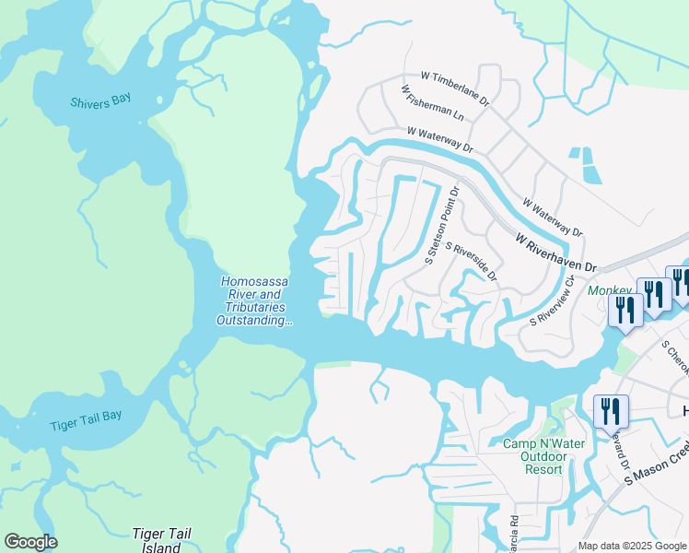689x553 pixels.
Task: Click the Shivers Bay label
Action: [x=100, y=101]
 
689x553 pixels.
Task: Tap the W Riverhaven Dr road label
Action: [x=556, y=252]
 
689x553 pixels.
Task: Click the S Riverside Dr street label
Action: [x=472, y=262]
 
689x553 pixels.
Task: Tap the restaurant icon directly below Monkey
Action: [x=625, y=309]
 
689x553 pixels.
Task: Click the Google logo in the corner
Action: [x=30, y=542]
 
